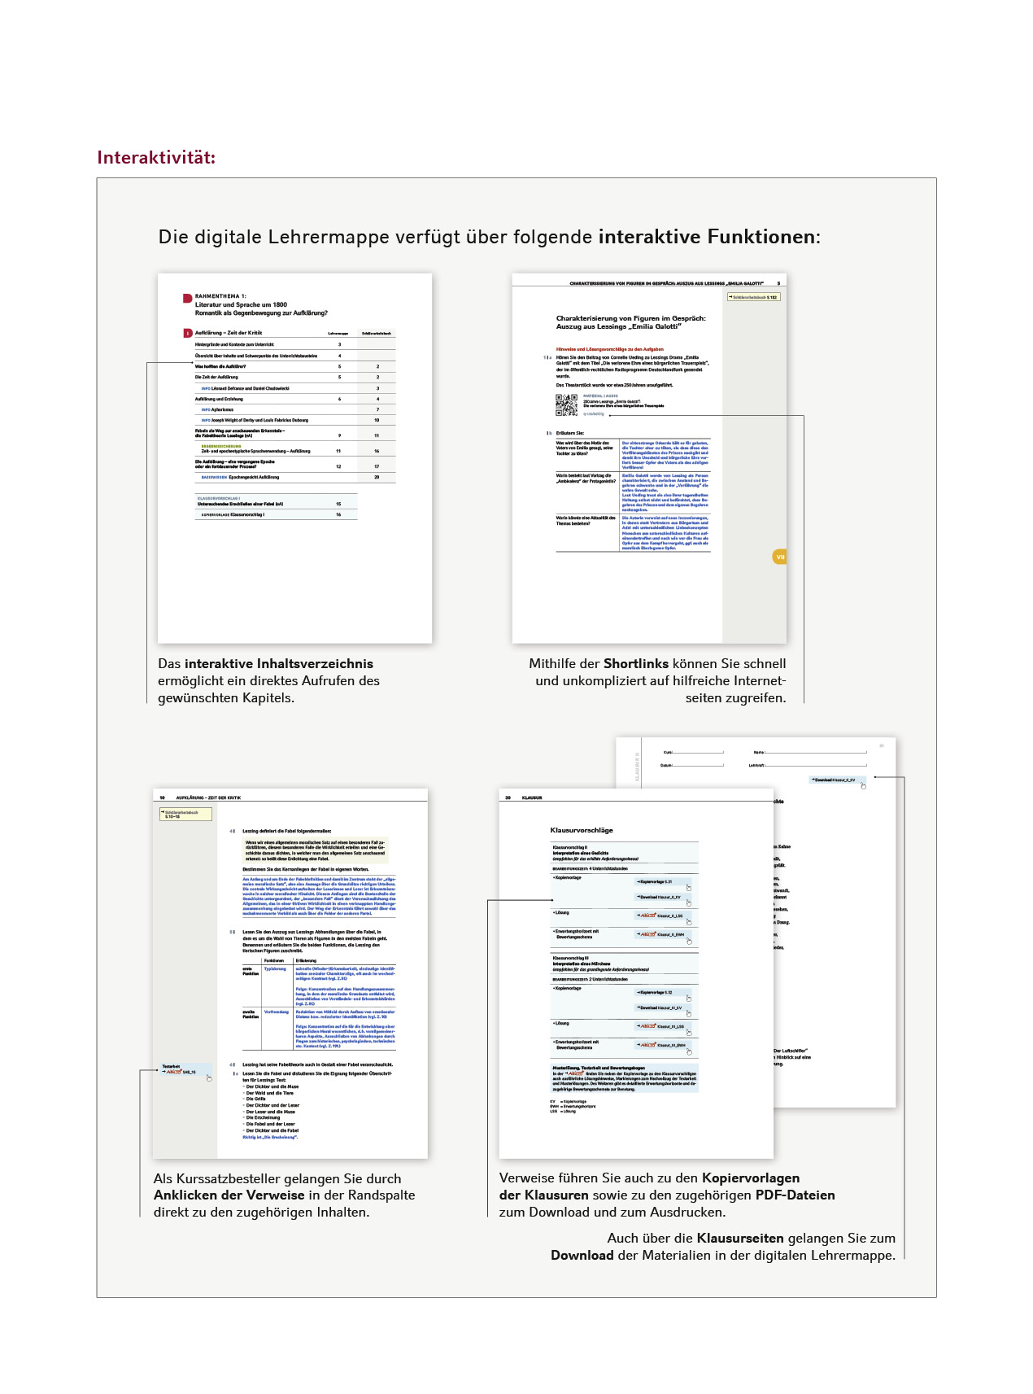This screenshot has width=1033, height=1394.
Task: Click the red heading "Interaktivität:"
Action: point(156,158)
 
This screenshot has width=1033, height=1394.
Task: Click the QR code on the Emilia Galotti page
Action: point(566,404)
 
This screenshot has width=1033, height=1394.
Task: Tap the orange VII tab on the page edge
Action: point(780,557)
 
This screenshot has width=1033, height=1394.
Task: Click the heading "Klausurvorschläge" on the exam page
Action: point(582,830)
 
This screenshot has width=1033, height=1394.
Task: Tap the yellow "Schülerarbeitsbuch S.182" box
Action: point(754,297)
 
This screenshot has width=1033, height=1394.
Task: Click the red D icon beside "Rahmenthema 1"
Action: point(188,299)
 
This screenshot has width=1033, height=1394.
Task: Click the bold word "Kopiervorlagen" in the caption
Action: point(751,1178)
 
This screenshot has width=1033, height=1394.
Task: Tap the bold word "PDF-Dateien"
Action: point(795,1195)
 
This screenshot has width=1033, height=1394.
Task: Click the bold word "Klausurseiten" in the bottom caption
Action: point(740,1238)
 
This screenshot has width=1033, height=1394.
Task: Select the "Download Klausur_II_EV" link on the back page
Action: point(835,780)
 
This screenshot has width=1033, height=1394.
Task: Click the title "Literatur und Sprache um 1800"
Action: point(241,304)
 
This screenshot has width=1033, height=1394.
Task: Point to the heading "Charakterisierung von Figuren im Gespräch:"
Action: point(630,318)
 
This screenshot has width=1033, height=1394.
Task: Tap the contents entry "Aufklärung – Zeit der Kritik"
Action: point(229,333)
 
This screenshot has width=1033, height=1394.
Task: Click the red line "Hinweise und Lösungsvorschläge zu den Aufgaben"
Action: point(609,349)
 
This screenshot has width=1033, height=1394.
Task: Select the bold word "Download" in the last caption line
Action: point(582,1255)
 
